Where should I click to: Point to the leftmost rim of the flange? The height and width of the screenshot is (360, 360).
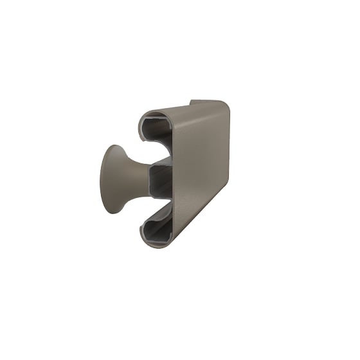100,180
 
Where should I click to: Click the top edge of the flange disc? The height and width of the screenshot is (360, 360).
116,146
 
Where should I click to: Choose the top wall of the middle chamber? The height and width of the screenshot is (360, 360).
161,161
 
